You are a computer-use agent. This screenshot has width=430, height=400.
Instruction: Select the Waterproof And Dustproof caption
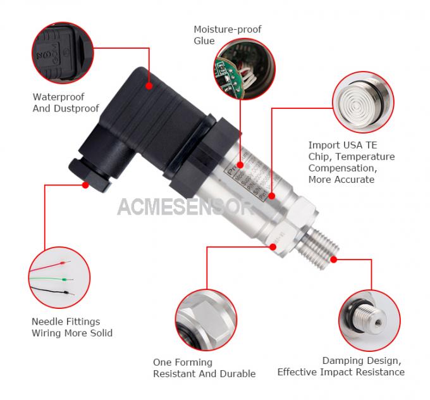pos(66,103)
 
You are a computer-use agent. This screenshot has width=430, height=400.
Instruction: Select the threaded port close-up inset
pos(372,316)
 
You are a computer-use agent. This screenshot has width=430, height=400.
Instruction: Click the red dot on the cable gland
pos(85,185)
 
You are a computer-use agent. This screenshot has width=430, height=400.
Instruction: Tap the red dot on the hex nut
pos(273,246)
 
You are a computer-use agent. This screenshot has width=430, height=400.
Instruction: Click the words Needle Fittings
pos(66,322)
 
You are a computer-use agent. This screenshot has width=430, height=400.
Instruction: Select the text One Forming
pos(182,362)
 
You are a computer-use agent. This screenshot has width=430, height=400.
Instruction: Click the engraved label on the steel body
pos(250,180)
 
